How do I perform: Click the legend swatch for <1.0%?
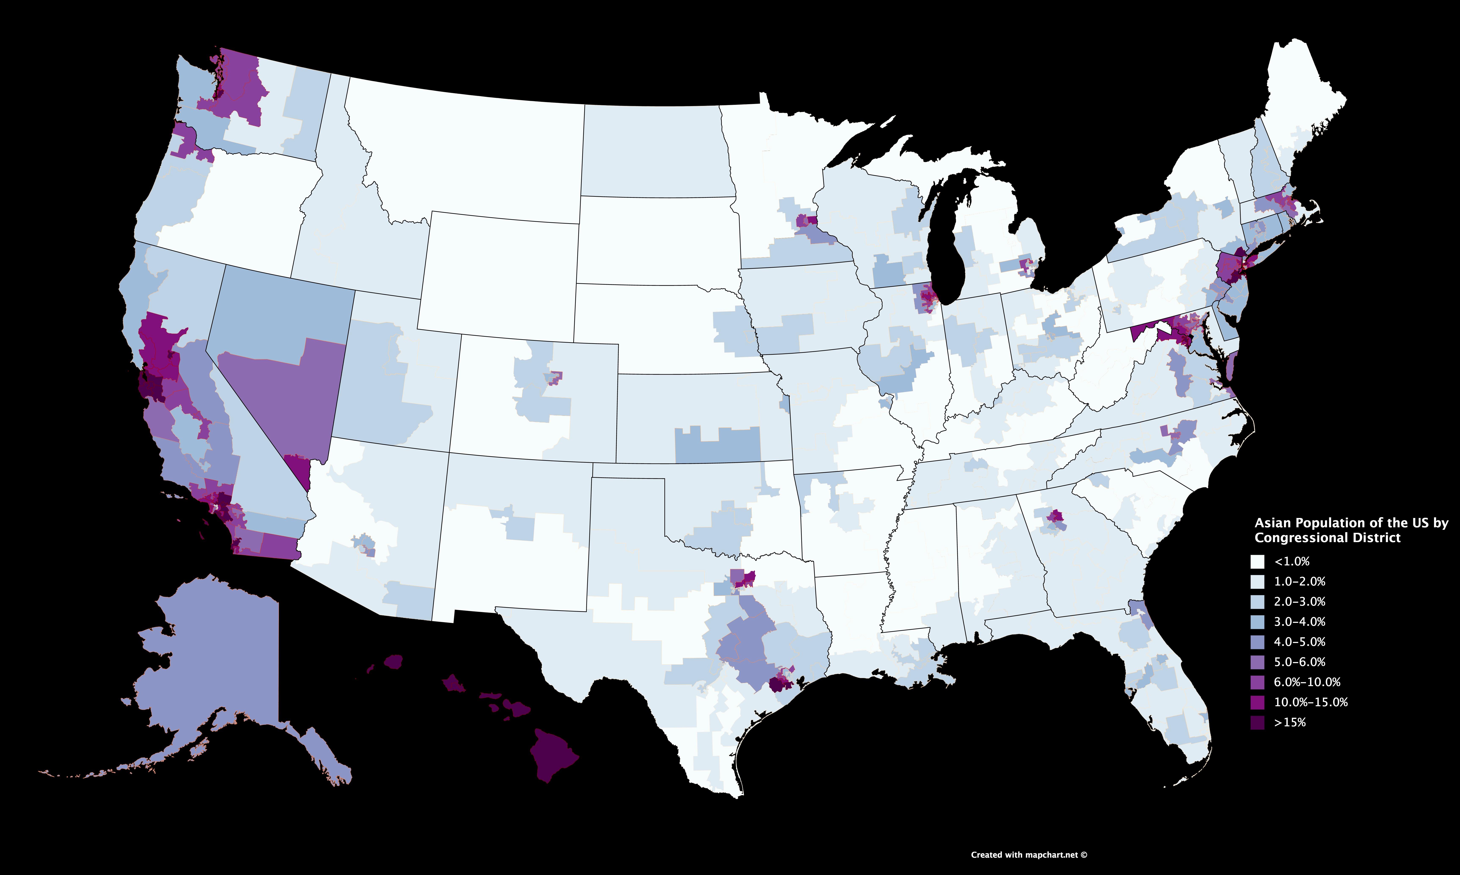[1257, 561]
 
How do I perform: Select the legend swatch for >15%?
[1257, 722]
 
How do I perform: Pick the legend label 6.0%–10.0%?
[1307, 682]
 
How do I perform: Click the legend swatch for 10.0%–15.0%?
[1257, 702]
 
